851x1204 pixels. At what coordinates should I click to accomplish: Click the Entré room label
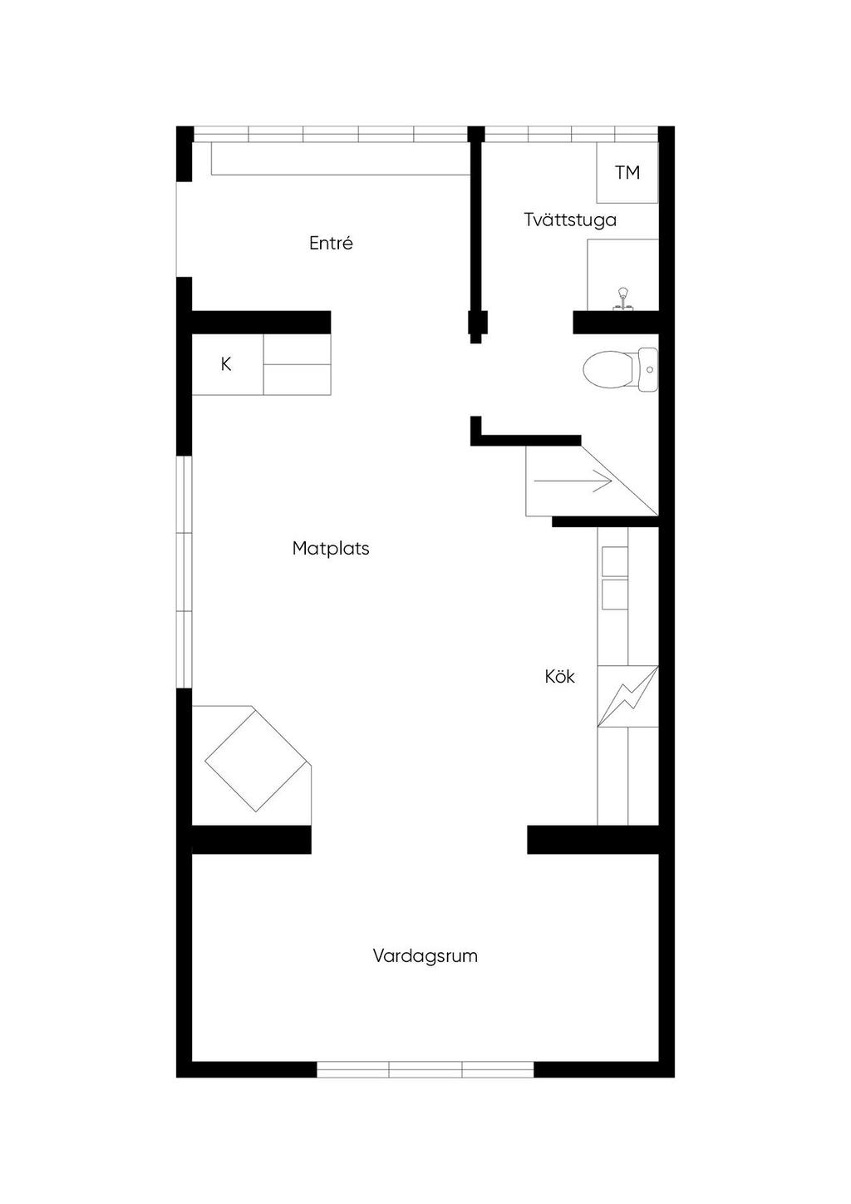pos(331,244)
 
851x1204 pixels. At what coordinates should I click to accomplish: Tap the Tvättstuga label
pos(570,220)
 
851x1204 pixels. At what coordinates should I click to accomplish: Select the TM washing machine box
pos(627,172)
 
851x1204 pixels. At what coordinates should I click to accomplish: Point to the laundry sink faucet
pos(622,298)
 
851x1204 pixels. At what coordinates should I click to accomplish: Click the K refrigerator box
pos(227,364)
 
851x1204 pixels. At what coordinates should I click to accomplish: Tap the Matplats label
pos(331,549)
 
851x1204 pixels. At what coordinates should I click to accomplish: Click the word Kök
pos(559,677)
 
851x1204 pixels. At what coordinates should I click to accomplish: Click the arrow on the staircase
pos(573,481)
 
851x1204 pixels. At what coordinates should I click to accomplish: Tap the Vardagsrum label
pos(425,956)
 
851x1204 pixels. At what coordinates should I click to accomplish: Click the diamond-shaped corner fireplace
pos(256,759)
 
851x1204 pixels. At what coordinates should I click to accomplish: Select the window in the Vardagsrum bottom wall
pos(425,1069)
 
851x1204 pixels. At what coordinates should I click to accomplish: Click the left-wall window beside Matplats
pos(184,572)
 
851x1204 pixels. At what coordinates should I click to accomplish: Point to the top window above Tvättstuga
pos(571,134)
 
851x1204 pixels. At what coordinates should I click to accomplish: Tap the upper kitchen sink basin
pos(615,561)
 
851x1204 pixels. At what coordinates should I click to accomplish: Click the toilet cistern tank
pos(648,369)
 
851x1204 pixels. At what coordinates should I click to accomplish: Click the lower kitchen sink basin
pos(615,594)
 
